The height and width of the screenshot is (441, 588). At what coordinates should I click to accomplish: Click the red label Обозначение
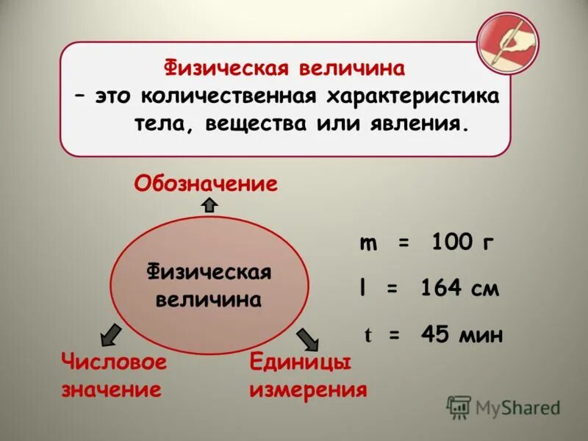coord(206,183)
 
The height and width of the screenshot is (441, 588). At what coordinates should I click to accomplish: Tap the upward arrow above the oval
coord(209,204)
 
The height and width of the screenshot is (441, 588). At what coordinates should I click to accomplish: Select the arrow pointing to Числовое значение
coord(110,334)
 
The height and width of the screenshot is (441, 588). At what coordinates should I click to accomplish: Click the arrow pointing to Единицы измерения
coord(308,338)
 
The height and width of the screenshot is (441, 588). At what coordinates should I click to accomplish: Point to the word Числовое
coord(114,362)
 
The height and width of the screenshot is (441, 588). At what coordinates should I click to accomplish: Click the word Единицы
coord(300,362)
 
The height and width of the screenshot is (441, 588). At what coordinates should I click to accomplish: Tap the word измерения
coord(308,389)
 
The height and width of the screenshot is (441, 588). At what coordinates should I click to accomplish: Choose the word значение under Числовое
coord(111,389)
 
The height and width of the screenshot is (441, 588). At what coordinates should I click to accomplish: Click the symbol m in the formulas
coord(368,244)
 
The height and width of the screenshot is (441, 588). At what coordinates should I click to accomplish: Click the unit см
coord(484,290)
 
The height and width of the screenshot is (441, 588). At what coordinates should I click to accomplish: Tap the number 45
coord(434,334)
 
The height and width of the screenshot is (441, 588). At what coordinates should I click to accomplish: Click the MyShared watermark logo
coord(503,406)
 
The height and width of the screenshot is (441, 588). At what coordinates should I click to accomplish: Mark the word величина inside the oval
coord(209,300)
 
